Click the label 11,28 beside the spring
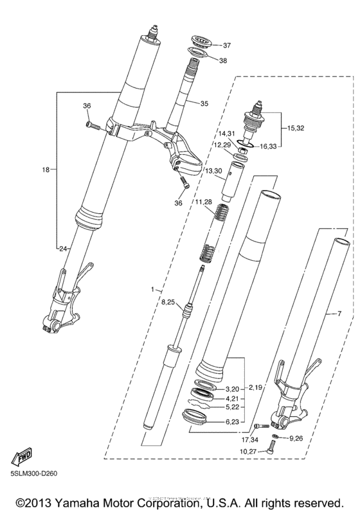click(x=204, y=202)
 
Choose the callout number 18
click(x=45, y=170)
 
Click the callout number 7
click(x=330, y=314)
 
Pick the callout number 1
click(x=152, y=289)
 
